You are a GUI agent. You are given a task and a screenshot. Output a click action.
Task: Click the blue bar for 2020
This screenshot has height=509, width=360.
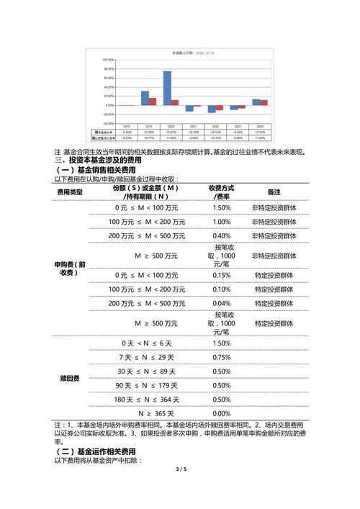click(x=167, y=88)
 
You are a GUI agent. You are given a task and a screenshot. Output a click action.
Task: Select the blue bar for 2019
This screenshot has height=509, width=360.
click(x=145, y=98)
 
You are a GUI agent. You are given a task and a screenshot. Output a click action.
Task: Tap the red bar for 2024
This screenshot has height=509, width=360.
click(x=264, y=102)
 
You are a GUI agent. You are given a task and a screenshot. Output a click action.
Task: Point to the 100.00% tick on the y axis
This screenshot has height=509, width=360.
click(x=109, y=60)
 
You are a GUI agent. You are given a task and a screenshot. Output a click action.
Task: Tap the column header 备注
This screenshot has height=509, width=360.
click(x=274, y=192)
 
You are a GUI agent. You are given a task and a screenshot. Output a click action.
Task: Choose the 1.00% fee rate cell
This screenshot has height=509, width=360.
click(x=222, y=222)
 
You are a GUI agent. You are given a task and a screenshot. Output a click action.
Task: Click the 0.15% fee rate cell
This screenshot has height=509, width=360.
click(x=222, y=275)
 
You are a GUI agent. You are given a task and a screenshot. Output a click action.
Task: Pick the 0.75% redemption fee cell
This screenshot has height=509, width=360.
click(x=222, y=358)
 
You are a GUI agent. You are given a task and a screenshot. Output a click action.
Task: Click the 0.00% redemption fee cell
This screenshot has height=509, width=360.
click(x=222, y=413)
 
